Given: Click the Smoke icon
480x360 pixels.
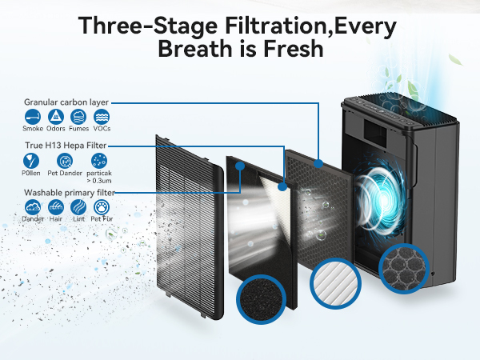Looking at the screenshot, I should [33, 116].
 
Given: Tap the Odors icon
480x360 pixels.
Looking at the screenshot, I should [56, 116].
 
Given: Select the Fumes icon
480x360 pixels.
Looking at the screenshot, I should [78, 116].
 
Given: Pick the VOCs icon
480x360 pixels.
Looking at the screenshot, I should [102, 116].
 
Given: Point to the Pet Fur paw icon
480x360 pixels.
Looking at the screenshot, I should [101, 206].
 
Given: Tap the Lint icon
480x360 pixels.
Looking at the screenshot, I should [78, 206].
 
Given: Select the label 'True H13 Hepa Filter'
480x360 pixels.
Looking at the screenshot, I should [65, 146].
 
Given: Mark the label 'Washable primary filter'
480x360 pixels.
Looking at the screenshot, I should [68, 192].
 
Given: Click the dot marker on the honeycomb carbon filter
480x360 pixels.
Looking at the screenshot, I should [318, 163].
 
